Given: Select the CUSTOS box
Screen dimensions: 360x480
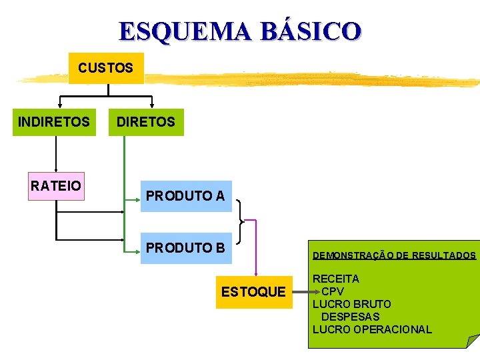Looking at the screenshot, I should (x=106, y=68).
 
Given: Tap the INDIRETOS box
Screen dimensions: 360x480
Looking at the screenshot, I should (x=54, y=122).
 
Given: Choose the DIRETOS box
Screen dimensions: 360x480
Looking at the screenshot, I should (x=146, y=122).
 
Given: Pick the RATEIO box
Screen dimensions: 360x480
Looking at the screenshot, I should (x=56, y=186).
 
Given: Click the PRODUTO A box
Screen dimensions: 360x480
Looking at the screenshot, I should (x=185, y=196).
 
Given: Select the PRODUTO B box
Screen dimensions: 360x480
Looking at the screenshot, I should (x=185, y=247).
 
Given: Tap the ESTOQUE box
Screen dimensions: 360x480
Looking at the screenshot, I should (x=253, y=292).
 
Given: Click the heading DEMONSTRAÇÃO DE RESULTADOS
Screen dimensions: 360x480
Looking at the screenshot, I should (x=394, y=255).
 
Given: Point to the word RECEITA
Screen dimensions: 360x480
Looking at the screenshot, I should (x=336, y=279).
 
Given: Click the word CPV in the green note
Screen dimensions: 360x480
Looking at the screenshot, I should (x=333, y=291).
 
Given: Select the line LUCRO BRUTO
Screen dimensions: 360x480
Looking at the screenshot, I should (x=352, y=304).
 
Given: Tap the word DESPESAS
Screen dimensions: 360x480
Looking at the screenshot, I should (x=350, y=317).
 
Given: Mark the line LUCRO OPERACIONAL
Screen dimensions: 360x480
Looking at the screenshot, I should (x=372, y=329).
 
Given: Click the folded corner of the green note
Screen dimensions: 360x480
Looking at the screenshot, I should (x=473, y=341).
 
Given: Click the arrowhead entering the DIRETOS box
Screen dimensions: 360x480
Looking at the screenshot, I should (x=152, y=105).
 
